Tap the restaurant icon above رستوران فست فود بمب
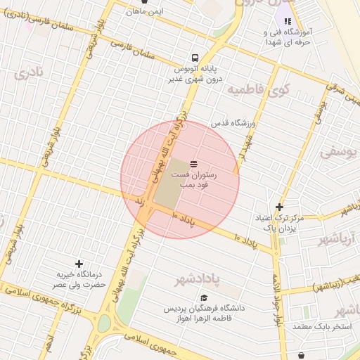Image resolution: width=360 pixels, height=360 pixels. (194, 163)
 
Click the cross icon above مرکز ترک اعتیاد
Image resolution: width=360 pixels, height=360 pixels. (280, 207)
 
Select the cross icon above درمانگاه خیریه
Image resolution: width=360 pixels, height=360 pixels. (79, 263)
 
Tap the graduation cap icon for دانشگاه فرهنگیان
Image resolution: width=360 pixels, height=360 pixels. (204, 298)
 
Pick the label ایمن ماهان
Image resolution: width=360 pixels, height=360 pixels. (146, 11)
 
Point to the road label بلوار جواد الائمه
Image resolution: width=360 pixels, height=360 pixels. (280, 295)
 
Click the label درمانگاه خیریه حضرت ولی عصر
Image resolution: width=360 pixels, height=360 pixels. (81, 279)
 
